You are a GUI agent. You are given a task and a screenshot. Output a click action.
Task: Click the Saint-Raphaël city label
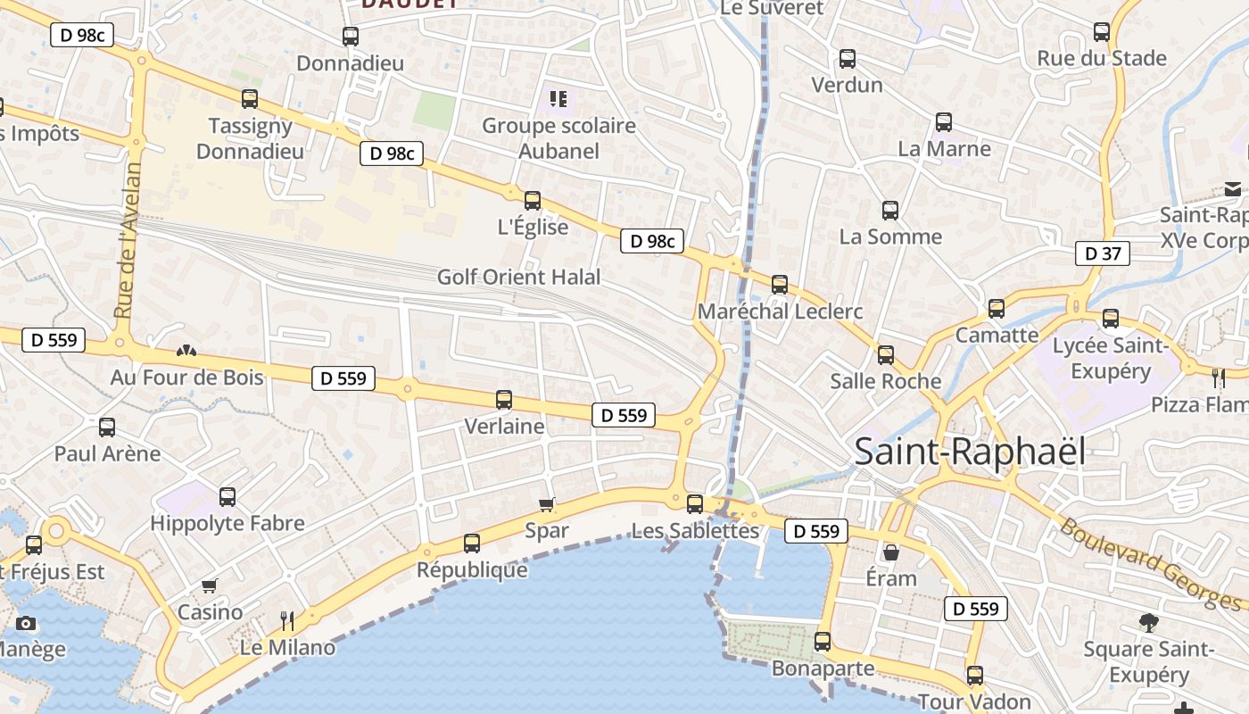[x=970, y=452]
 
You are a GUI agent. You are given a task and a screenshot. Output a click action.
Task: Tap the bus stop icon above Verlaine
[x=504, y=400]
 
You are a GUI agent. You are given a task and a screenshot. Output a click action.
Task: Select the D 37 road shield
[x=1103, y=253]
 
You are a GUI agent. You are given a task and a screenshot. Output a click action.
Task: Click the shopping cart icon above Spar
[x=547, y=505]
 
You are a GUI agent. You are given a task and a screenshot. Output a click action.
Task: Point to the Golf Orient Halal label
[x=518, y=278]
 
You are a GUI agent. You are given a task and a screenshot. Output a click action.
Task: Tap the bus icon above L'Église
[x=533, y=201]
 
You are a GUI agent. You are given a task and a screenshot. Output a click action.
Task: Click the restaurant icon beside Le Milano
[x=286, y=620]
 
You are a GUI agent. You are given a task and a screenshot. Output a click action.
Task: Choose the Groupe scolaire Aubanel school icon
[x=558, y=98]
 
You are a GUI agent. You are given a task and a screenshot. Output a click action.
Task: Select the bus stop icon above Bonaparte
[x=822, y=642]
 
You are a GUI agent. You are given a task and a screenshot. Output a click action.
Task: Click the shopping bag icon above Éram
[x=890, y=552]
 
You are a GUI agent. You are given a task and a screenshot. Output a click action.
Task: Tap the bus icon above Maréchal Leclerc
[x=780, y=285]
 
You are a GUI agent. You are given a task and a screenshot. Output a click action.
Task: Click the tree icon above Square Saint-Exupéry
[x=1148, y=622]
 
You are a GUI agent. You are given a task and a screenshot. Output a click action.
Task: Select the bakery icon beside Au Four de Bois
[x=186, y=352]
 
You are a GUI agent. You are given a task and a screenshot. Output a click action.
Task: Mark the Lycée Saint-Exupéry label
[x=1111, y=358]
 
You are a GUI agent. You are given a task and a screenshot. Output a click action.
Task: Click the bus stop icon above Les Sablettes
[x=695, y=504]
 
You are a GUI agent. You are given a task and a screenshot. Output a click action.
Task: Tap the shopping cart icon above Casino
[x=210, y=586]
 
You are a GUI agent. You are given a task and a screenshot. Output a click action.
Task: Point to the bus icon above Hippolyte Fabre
[x=227, y=497]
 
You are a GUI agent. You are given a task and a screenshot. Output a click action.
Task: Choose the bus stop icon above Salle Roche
[x=885, y=355]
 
